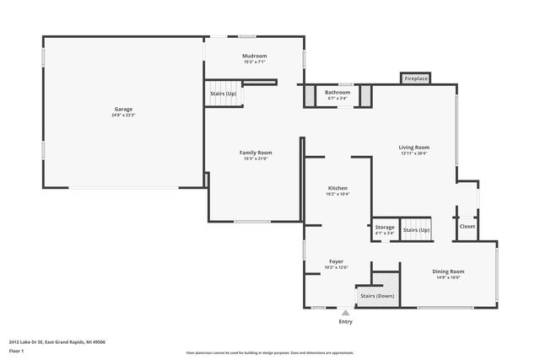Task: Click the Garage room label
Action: coord(123,109)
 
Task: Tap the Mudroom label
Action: coord(254,56)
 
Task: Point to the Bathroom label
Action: coord(337,92)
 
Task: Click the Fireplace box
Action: coord(416,78)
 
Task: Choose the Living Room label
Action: coord(413,148)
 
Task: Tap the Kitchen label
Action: coord(337,188)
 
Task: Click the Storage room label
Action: coord(384,227)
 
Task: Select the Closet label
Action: coord(467,226)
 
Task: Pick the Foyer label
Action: coord(336,261)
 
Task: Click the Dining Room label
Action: coord(448,271)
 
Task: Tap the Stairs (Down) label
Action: coord(376,297)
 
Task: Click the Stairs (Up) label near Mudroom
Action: coord(223,93)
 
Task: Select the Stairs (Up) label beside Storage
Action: coord(416,230)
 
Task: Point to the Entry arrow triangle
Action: coord(345,313)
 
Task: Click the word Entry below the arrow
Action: coord(345,322)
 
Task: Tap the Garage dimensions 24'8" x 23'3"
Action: coord(123,115)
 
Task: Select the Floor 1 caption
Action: coord(18,352)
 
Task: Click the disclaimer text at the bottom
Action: coord(269,352)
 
